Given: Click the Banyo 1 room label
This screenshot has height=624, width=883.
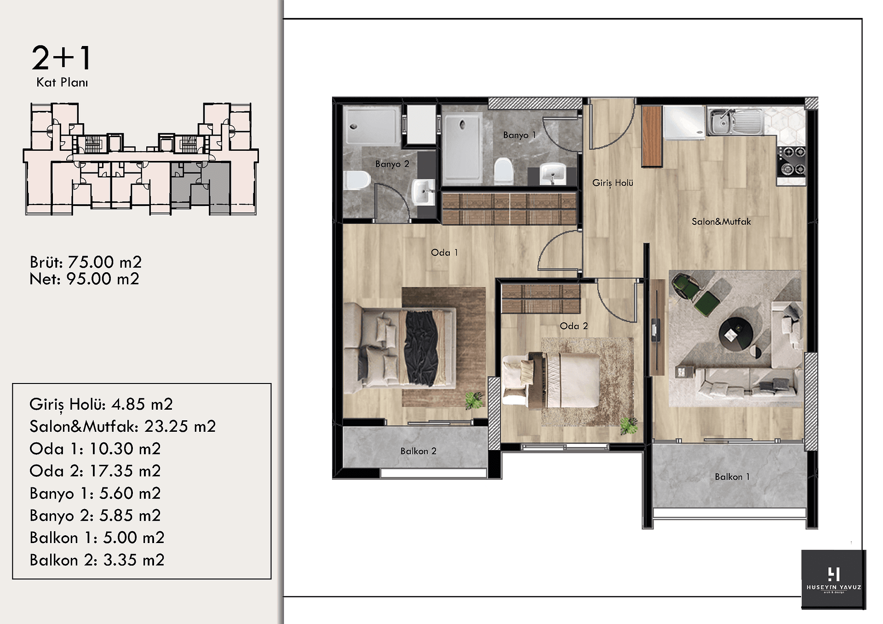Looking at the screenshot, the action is tap(519, 135).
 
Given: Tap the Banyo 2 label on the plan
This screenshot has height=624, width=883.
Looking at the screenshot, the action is tap(392, 164).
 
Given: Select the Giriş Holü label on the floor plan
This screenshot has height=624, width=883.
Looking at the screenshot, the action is tap(613, 183).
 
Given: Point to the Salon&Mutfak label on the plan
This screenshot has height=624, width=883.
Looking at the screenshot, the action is tap(721, 222).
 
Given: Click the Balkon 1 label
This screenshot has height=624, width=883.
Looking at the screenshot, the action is tap(732, 477).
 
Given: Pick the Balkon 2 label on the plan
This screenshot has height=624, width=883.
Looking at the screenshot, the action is tap(418, 451).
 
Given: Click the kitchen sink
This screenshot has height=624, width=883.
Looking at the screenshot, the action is tap(734, 121).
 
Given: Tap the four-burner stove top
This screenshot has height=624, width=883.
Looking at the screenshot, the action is tap(791, 161).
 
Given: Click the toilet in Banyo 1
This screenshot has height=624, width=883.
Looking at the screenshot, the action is tap(503, 171).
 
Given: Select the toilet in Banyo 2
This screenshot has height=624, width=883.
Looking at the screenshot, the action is tap(358, 180).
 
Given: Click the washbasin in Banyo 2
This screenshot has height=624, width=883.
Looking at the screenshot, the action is tap(424, 192).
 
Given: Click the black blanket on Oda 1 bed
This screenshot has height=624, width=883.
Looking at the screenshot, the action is tap(420, 348).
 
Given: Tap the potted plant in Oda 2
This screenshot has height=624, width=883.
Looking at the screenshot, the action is tap(628, 426).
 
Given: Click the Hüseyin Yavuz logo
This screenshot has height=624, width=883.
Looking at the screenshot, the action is tap(833, 579).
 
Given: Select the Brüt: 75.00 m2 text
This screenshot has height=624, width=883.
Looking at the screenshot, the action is tap(86, 262).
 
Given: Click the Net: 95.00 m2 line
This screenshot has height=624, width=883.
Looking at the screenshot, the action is tap(84, 279).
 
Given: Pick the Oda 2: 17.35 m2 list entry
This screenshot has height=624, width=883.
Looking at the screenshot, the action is tap(95, 471).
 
